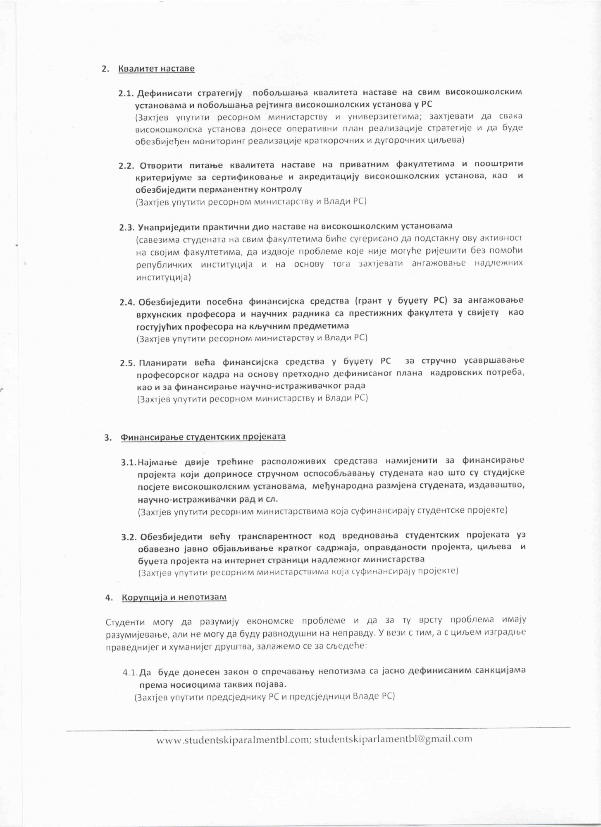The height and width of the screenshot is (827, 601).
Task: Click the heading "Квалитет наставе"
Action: pyautogui.click(x=156, y=69)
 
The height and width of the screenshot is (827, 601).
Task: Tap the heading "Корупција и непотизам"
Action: pyautogui.click(x=174, y=598)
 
